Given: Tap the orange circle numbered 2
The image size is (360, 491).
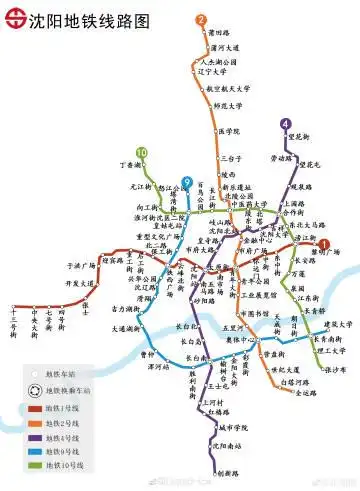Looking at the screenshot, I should [201, 20].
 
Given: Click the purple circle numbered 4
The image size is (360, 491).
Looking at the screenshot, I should [286, 125].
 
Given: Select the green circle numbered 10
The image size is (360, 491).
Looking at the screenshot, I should [142, 153].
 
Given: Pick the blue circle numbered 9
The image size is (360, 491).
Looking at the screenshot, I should [187, 181].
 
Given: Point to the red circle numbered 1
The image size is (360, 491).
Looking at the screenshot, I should [324, 243].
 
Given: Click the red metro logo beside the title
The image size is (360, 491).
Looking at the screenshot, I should [13, 19].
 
